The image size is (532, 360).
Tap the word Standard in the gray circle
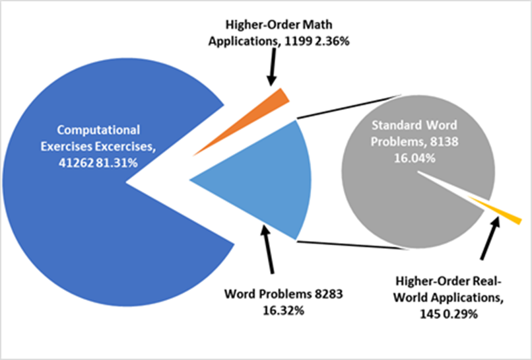(395, 124)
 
